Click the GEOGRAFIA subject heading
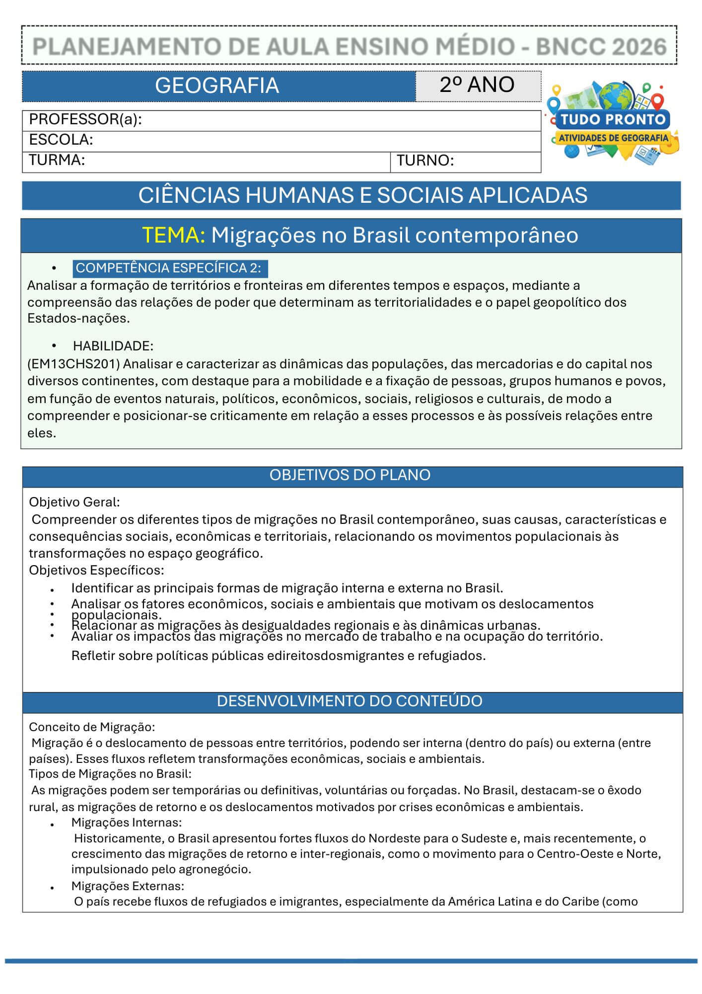[x=217, y=85]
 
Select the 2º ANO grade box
[x=477, y=85]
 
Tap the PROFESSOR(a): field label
[x=85, y=120]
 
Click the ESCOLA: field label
[x=61, y=140]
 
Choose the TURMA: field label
[x=57, y=160]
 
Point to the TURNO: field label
[x=425, y=161]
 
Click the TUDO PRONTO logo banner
[x=613, y=120]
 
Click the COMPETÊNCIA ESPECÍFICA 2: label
[x=168, y=268]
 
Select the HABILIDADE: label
[x=113, y=346]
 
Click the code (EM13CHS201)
[x=74, y=364]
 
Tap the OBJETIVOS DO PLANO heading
[x=350, y=475]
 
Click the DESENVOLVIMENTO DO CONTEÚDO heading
[x=350, y=701]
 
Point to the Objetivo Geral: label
[x=74, y=502]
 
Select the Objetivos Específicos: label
[x=96, y=570]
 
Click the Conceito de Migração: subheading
[x=92, y=727]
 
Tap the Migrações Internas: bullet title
[x=127, y=823]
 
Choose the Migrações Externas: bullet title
[x=128, y=886]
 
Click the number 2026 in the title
[x=639, y=47]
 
